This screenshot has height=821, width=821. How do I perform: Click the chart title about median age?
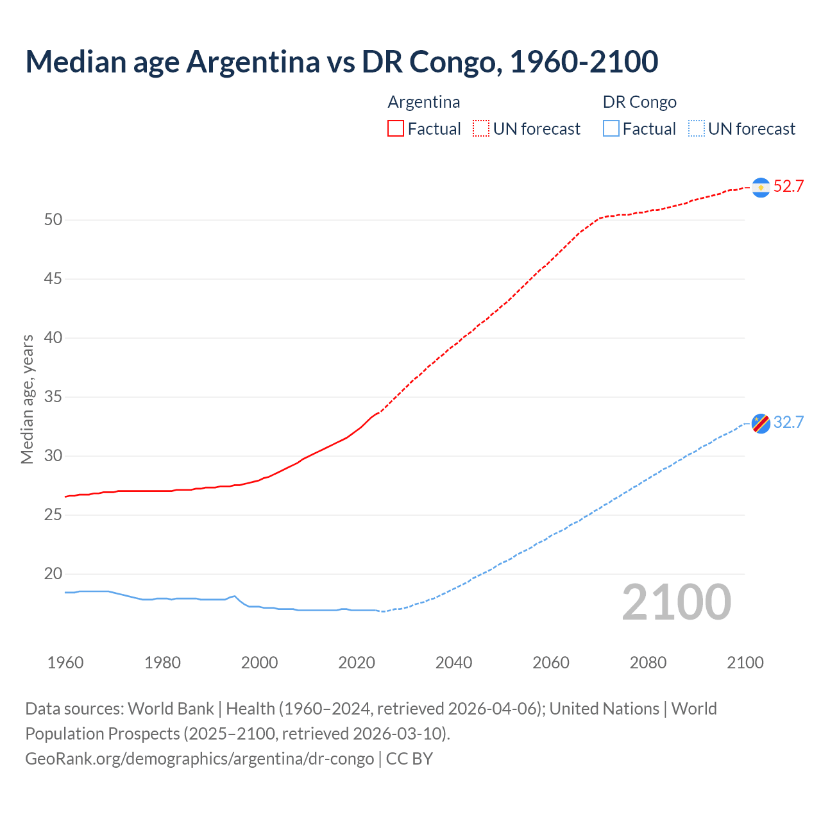(x=341, y=62)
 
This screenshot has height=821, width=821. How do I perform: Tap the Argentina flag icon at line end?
(x=761, y=187)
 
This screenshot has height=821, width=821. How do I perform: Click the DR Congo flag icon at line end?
(x=761, y=423)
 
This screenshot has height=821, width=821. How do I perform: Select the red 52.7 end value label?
(x=788, y=187)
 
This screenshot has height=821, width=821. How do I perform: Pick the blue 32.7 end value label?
(x=788, y=423)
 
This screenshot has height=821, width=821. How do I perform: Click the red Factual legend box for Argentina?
(x=396, y=129)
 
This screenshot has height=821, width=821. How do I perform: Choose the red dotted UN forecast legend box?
(x=481, y=129)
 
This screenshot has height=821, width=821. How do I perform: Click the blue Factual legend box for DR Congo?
(x=611, y=129)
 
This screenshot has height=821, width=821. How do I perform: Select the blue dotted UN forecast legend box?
(x=697, y=129)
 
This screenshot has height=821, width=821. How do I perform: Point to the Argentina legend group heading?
(x=424, y=103)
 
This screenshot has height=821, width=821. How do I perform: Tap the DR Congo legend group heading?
(x=639, y=103)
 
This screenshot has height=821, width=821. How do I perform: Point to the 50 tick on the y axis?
(x=53, y=220)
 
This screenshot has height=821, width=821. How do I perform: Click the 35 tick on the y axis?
(x=53, y=397)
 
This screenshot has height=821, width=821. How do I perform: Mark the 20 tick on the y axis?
(x=53, y=574)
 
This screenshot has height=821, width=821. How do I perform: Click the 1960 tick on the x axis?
(x=65, y=663)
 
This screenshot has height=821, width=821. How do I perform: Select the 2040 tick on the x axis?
(x=453, y=663)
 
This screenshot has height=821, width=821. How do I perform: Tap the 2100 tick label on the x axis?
(x=745, y=663)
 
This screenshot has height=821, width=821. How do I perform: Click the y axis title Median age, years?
(x=27, y=399)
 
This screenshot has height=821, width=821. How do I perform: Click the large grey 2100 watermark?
(x=677, y=602)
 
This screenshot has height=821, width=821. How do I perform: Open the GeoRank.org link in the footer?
(x=199, y=759)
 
